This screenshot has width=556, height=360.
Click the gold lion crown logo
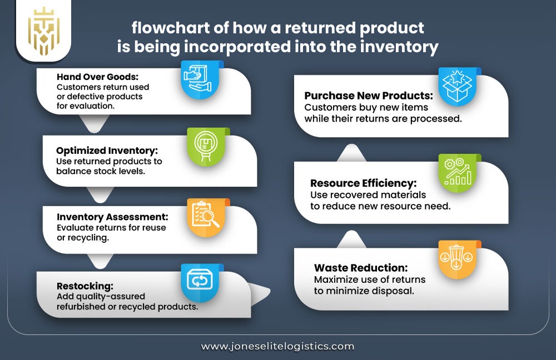point(45,31)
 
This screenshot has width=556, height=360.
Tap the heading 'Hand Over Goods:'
point(91,77)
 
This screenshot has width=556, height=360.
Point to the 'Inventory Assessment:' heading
point(112,217)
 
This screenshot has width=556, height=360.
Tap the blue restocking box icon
point(198,282)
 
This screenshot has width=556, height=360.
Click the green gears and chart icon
point(458,170)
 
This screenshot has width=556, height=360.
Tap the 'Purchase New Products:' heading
point(369,96)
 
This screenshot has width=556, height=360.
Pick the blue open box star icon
point(456,86)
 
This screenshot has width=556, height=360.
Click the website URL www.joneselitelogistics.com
point(277,346)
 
